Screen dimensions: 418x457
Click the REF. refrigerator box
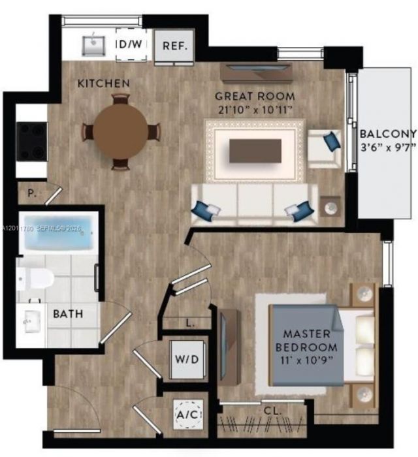tap(174, 46)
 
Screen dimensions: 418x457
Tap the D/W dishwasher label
tap(130, 44)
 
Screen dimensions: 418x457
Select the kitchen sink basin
tap(93, 46)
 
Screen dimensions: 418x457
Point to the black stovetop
tap(32, 142)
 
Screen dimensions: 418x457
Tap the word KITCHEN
tap(103, 84)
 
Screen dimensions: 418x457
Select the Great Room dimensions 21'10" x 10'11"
tap(255, 110)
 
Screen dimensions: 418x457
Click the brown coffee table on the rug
tap(255, 151)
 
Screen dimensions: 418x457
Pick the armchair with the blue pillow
tap(325, 149)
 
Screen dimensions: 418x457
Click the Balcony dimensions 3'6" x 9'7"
tap(389, 147)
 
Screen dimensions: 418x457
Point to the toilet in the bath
tap(35, 279)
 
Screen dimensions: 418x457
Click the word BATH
tap(68, 314)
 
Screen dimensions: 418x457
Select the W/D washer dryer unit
tap(187, 359)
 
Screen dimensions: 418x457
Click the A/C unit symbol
tap(188, 414)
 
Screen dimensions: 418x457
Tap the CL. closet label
tap(272, 411)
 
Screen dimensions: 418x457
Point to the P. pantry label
tap(32, 193)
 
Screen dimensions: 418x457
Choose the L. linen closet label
tap(190, 323)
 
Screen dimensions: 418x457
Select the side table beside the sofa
tap(330, 206)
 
